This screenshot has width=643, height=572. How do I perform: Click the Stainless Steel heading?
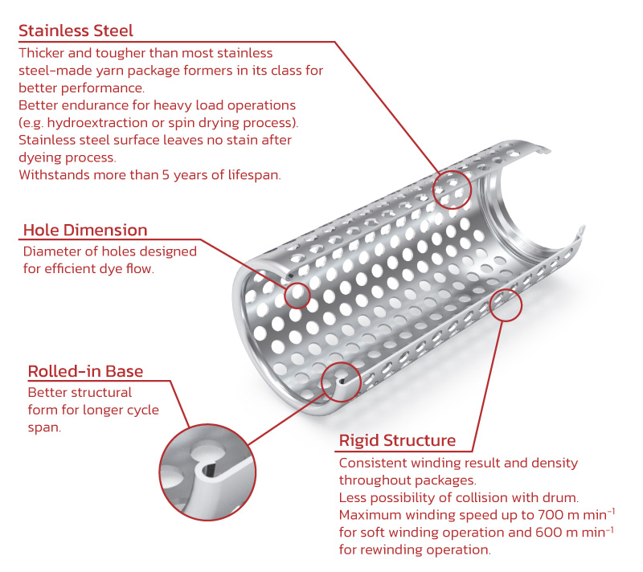[76, 31]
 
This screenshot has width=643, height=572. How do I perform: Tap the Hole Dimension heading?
[85, 231]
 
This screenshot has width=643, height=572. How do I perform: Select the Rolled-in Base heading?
[86, 371]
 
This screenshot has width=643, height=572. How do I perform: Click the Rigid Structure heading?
[397, 440]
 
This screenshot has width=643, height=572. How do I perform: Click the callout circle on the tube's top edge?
[451, 190]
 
